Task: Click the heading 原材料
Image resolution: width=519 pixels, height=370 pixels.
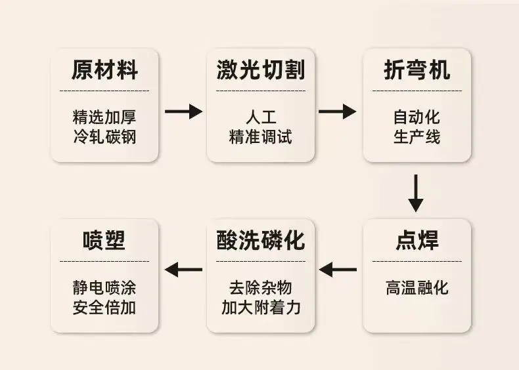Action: tap(104, 70)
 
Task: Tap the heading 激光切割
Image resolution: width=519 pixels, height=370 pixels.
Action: tap(261, 70)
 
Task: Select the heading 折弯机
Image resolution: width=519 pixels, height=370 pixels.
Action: tap(417, 70)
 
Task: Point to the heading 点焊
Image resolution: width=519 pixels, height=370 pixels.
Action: tap(417, 240)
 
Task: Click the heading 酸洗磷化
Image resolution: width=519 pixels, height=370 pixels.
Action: tap(261, 240)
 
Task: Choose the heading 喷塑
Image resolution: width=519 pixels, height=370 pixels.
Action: tap(104, 240)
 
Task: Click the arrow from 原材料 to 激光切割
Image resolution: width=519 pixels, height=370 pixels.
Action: tap(184, 111)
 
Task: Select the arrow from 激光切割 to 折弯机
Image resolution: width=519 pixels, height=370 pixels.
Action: tap(337, 111)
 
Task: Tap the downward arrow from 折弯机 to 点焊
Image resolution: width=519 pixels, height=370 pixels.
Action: tap(416, 193)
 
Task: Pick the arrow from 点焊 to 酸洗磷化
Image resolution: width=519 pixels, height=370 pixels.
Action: tap(338, 270)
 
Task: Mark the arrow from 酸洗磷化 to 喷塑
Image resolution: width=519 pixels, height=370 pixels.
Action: tap(183, 270)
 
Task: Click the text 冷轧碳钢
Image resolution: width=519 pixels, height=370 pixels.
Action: tap(104, 136)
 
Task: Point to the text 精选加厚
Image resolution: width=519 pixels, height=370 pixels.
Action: tap(104, 117)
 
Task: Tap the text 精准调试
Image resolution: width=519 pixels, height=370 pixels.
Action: tap(261, 136)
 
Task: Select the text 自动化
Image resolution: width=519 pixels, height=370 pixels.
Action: tap(417, 117)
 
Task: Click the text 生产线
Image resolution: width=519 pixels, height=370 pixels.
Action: tap(417, 136)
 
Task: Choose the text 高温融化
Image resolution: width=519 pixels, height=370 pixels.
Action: tap(417, 287)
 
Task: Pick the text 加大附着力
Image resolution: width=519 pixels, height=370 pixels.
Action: tap(261, 307)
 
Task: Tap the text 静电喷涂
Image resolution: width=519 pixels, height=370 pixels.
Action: tap(104, 287)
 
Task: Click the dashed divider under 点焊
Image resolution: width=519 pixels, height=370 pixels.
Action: tap(417, 261)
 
